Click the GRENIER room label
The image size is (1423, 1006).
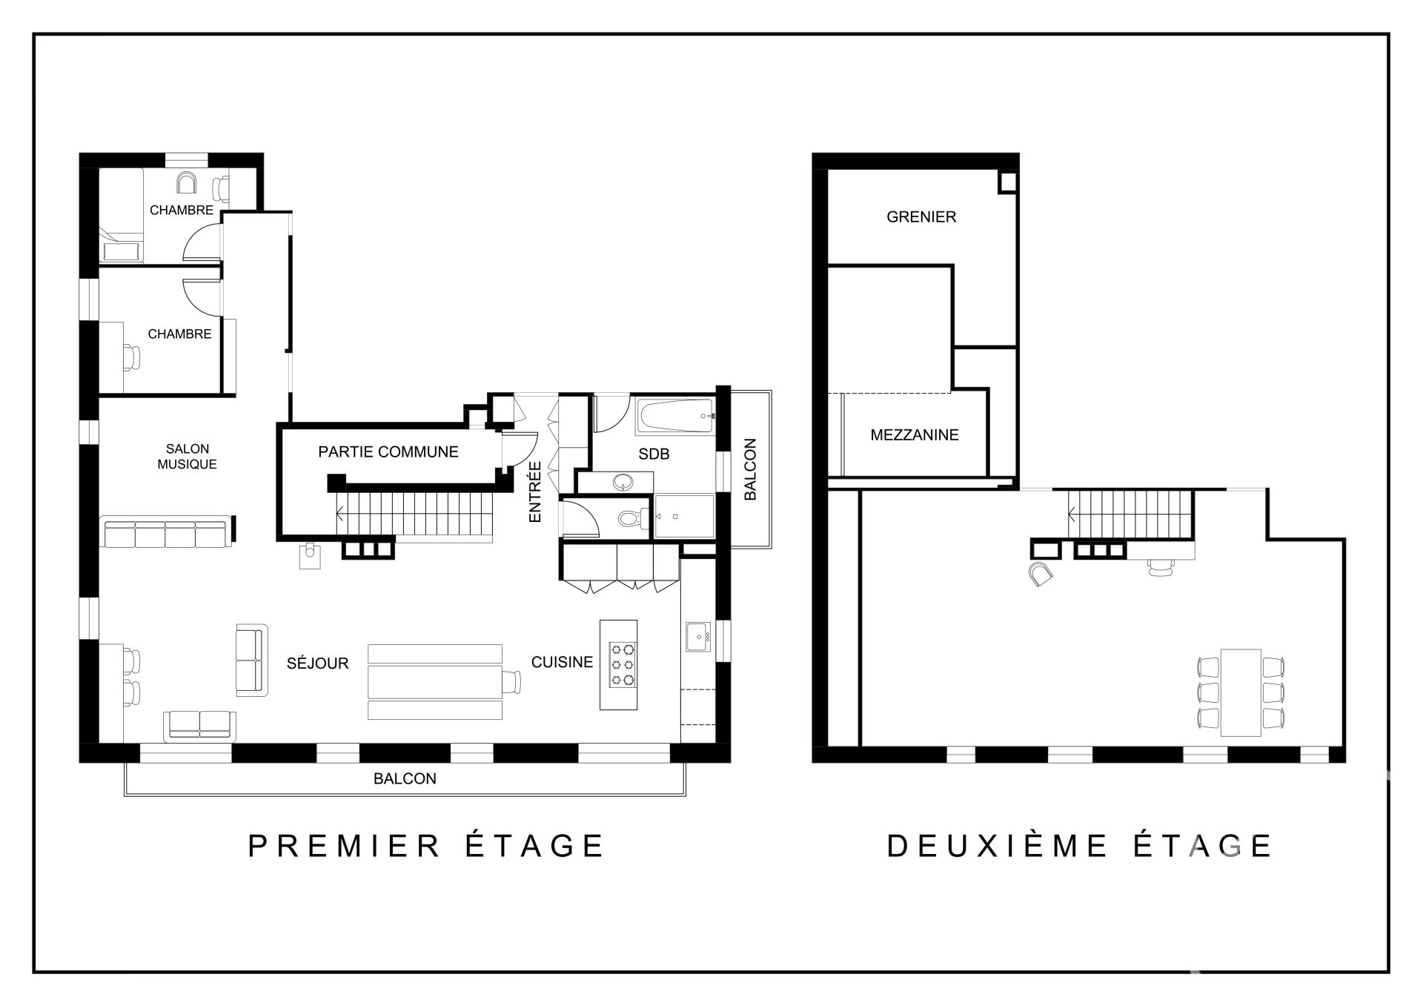pyautogui.click(x=921, y=217)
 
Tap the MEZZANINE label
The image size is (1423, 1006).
pyautogui.click(x=915, y=435)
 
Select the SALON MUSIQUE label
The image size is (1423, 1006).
pyautogui.click(x=188, y=457)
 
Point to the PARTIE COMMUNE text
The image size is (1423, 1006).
pyautogui.click(x=388, y=452)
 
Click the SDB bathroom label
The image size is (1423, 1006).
pyautogui.click(x=654, y=454)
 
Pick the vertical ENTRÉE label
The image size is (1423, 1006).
pyautogui.click(x=535, y=492)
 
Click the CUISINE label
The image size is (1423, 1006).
pyautogui.click(x=562, y=662)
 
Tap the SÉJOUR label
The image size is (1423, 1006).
pyautogui.click(x=317, y=663)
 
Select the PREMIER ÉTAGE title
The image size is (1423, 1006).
pyautogui.click(x=426, y=846)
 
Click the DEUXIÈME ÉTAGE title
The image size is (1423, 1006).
pyautogui.click(x=1079, y=846)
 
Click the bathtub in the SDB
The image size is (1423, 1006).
pyautogui.click(x=674, y=417)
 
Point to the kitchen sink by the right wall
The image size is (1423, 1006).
pyautogui.click(x=698, y=637)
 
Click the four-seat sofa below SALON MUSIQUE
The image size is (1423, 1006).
pyautogui.click(x=166, y=533)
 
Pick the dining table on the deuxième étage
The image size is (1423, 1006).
pyautogui.click(x=1241, y=692)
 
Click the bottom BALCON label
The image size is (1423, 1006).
pyautogui.click(x=405, y=779)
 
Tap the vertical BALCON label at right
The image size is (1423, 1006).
pyautogui.click(x=750, y=469)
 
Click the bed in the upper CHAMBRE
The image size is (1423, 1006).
pyautogui.click(x=121, y=215)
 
